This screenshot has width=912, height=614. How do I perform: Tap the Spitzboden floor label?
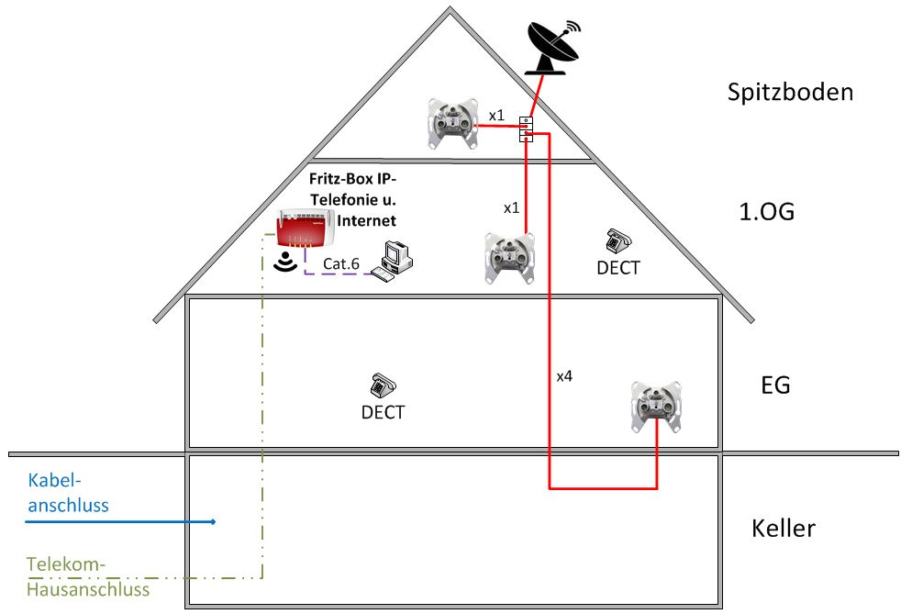[790, 93]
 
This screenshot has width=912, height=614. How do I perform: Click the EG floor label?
[775, 385]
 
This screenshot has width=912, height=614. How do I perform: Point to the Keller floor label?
[783, 529]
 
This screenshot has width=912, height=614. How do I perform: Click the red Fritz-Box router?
[307, 229]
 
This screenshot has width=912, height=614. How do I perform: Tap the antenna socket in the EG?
[658, 405]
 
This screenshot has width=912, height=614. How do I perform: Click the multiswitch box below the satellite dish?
[527, 128]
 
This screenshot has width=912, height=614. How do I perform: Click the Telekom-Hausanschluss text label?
[87, 577]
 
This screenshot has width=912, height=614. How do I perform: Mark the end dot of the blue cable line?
[214, 522]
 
